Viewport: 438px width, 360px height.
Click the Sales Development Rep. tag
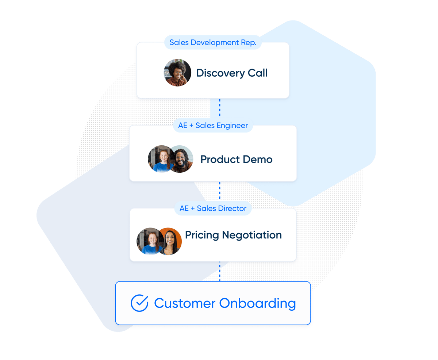coord(213,42)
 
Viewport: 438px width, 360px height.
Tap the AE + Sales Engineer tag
coord(213,125)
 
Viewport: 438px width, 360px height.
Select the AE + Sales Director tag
coord(213,208)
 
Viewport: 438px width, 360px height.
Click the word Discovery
coord(220,73)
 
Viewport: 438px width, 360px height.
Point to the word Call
coord(257,73)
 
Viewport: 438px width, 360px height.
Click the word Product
coord(220,159)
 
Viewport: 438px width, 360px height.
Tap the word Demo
coord(258,159)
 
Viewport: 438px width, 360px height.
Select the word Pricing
coord(202,235)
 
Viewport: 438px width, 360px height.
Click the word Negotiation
coord(252,235)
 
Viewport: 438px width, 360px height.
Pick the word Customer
coord(185,303)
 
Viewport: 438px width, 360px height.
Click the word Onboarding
coord(257,303)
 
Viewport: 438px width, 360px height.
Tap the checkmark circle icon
coord(139,303)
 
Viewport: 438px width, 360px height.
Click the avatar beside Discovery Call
coord(177,73)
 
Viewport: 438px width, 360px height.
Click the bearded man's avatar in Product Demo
coord(181,159)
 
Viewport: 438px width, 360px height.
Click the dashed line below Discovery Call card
coord(219,108)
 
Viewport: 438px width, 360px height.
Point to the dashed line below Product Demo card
coord(219,191)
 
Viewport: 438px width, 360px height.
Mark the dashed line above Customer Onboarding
coord(219,271)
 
